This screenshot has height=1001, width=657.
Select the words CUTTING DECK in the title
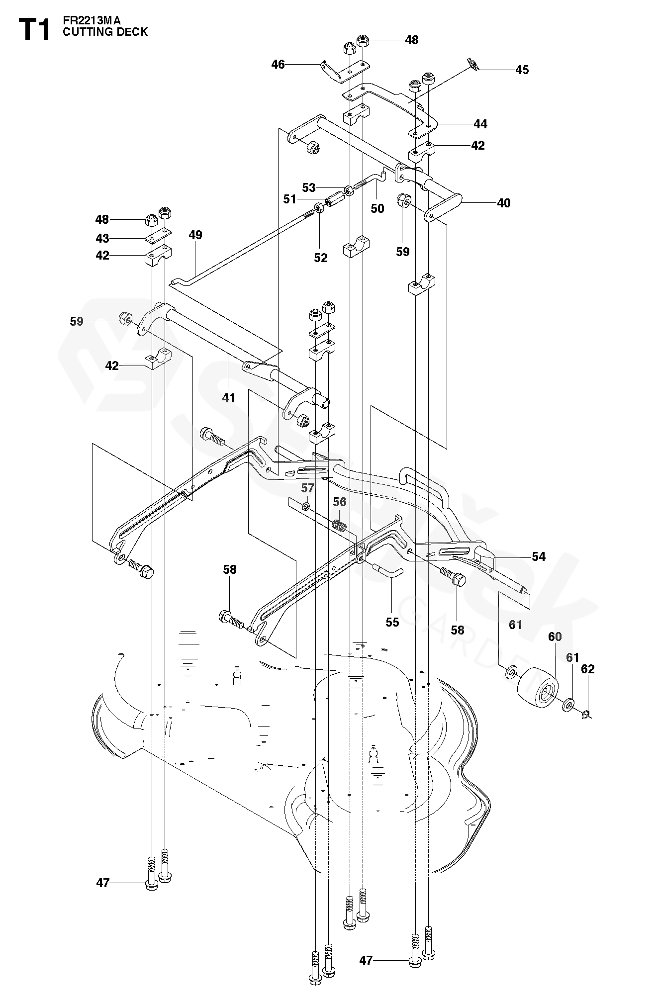coord(105,32)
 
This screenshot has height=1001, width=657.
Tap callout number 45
coord(522,70)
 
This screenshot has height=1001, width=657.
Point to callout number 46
coord(278,64)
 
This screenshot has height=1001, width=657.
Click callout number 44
coord(480,124)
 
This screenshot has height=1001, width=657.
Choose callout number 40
coord(504,203)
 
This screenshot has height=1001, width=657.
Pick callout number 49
coord(195,235)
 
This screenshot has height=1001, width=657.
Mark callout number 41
coord(228,398)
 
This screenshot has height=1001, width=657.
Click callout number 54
coord(539,556)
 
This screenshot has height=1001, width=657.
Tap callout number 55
coord(392,622)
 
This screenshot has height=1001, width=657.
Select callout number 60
coord(555,637)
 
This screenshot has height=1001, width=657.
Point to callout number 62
coord(588,669)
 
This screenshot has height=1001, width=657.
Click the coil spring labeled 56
coord(339,525)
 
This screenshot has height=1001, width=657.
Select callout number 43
coord(102,238)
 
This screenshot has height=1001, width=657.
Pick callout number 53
coord(309,187)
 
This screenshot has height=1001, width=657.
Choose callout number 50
coord(377,208)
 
